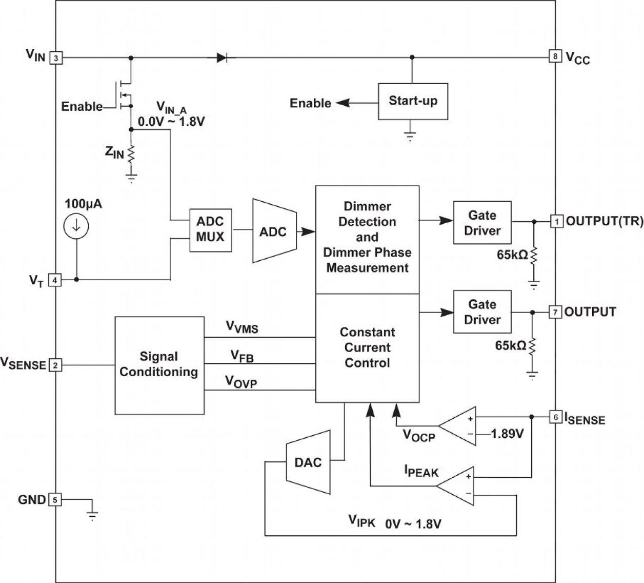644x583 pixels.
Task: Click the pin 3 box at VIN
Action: tap(55, 58)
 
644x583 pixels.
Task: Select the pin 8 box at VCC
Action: tap(555, 56)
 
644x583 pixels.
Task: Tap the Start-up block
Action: tap(413, 101)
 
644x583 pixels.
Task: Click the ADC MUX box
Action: tap(210, 229)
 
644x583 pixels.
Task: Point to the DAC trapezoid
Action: tap(308, 462)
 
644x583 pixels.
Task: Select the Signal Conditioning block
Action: tap(159, 365)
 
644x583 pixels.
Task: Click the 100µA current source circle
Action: tap(76, 226)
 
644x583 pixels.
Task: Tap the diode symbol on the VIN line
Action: tap(222, 57)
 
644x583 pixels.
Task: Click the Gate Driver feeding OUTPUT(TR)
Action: tap(482, 223)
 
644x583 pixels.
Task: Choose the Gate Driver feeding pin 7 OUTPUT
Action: tap(482, 312)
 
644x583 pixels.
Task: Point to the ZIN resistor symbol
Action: tap(131, 153)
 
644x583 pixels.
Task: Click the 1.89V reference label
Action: tap(507, 434)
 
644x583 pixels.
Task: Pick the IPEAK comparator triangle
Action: tap(457, 485)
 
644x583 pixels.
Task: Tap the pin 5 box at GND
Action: tap(55, 499)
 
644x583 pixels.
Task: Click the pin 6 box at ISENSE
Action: tap(555, 417)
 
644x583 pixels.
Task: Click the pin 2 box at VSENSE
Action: tap(55, 365)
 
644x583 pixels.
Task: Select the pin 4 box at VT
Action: tap(55, 280)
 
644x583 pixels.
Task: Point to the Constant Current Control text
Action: tap(367, 347)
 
